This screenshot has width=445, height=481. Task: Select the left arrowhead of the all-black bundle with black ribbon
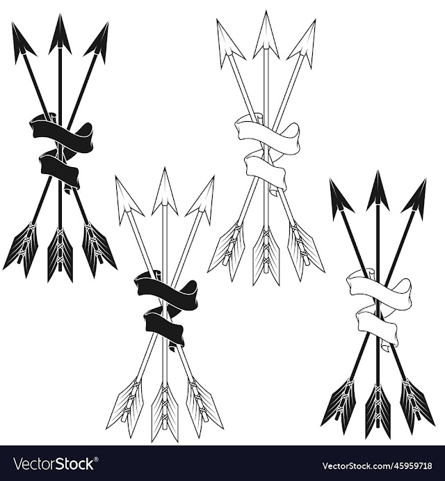pyautogui.click(x=23, y=40)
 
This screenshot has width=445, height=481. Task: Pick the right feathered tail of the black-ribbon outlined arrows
pyautogui.click(x=204, y=407)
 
